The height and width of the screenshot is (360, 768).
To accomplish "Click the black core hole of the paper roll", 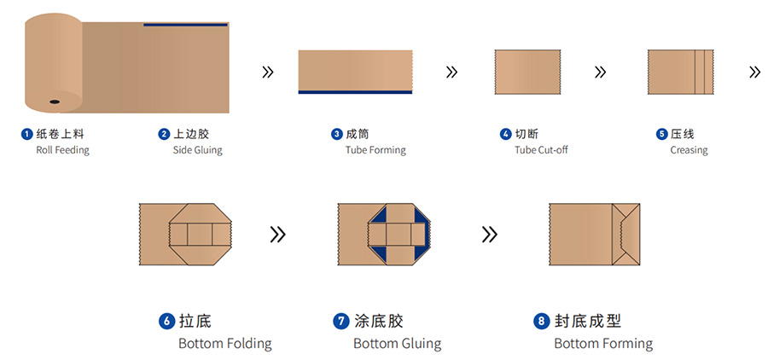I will pyautogui.click(x=54, y=102).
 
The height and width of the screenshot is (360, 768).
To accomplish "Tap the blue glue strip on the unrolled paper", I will pyautogui.click(x=185, y=25).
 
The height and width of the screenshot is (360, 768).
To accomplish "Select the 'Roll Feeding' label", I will pyautogui.click(x=62, y=150).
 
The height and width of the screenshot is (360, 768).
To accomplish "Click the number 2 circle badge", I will pyautogui.click(x=164, y=134).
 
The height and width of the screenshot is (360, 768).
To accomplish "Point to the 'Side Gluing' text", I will pyautogui.click(x=197, y=150).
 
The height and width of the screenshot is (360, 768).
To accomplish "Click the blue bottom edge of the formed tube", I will pyautogui.click(x=355, y=91).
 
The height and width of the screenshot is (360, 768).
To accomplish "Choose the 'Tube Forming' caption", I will pyautogui.click(x=375, y=150).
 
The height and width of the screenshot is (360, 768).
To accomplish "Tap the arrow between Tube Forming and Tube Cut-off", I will pyautogui.click(x=451, y=72).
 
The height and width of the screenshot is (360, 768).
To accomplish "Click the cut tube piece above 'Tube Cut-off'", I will pyautogui.click(x=527, y=71).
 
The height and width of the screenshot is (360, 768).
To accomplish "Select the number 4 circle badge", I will pyautogui.click(x=505, y=134).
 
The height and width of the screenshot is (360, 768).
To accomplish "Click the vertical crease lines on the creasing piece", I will pyautogui.click(x=702, y=71).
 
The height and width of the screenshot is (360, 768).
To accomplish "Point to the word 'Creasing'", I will pyautogui.click(x=689, y=150).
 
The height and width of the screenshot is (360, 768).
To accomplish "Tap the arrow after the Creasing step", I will pyautogui.click(x=754, y=72).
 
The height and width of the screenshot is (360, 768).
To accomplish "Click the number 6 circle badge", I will pyautogui.click(x=166, y=322).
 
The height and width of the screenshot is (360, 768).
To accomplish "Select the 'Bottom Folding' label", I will pyautogui.click(x=225, y=344).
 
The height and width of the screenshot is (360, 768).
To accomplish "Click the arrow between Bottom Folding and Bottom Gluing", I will pyautogui.click(x=277, y=234).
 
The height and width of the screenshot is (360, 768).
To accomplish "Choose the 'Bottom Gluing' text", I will pyautogui.click(x=397, y=344).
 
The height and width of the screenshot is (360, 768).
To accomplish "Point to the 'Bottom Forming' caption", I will pyautogui.click(x=603, y=344).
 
